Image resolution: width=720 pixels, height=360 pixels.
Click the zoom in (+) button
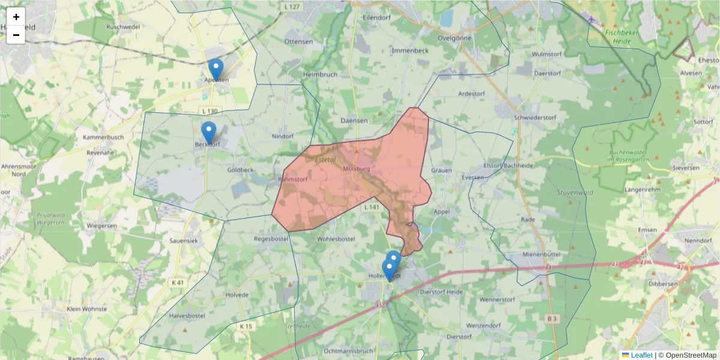click(x=16, y=17)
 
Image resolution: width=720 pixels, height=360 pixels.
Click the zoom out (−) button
click(x=16, y=35)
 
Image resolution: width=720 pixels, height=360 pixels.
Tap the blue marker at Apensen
click(x=216, y=70)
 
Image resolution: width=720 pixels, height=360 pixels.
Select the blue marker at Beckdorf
click(x=208, y=133)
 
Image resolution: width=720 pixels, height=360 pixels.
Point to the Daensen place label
click(x=353, y=121)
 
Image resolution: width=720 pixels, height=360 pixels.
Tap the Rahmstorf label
click(x=293, y=179)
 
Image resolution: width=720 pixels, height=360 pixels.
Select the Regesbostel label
click(x=272, y=239)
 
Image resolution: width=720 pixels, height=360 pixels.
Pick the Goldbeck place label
click(x=240, y=170)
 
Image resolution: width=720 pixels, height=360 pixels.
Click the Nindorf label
click(x=283, y=136)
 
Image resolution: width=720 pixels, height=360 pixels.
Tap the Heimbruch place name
click(x=320, y=74)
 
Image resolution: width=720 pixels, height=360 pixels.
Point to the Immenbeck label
click(x=410, y=51)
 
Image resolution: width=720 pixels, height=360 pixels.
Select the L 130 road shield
click(x=210, y=111)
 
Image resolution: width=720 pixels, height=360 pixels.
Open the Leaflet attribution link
click(x=641, y=355)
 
